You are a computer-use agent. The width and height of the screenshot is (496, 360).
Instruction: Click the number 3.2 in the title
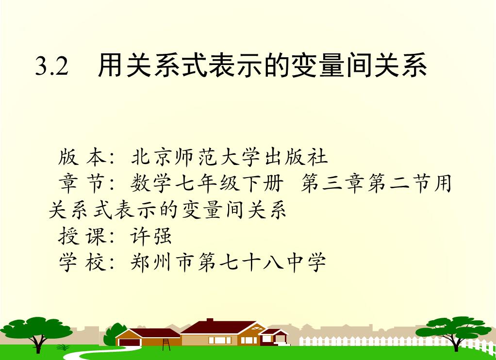pos(51,66)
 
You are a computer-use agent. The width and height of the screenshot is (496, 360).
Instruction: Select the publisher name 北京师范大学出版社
pos(230,157)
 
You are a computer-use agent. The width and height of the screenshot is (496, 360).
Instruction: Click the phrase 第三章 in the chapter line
pos(333,183)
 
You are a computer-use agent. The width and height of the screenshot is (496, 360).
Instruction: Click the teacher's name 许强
pos(151,236)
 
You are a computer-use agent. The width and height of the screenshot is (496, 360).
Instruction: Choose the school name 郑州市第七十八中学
pos(228,262)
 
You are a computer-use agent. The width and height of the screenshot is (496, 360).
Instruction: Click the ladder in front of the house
pos(166,344)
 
